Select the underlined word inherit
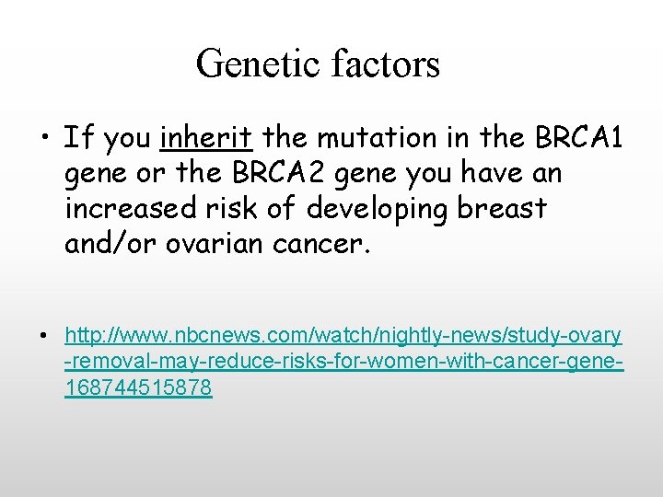click(206, 138)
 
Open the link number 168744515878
click(138, 388)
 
